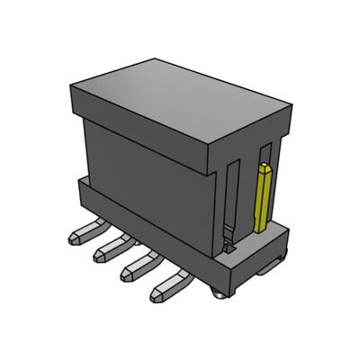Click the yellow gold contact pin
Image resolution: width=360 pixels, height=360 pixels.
(x=264, y=198)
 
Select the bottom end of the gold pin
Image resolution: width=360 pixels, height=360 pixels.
(x=261, y=229)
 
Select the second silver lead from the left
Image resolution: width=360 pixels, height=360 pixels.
(x=110, y=251)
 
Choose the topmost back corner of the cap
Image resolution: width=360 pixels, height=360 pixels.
(x=154, y=59)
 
